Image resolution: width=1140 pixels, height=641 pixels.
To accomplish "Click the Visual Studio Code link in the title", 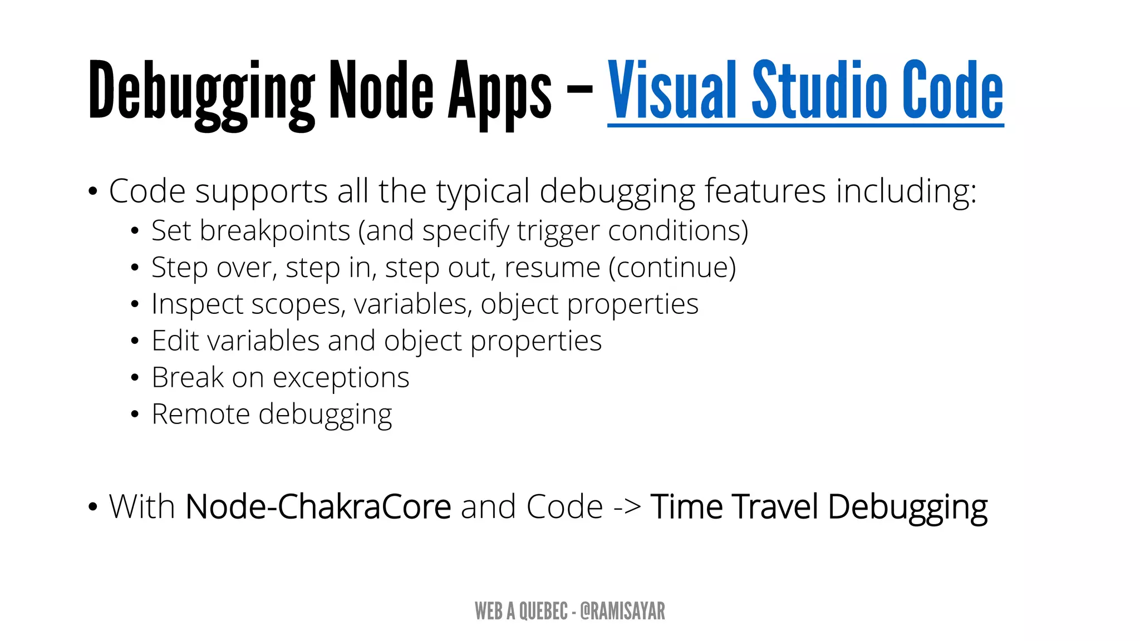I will coord(805,92).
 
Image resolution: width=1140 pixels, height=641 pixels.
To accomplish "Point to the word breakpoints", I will coord(275,231).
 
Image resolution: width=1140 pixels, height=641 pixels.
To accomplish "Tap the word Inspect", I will coord(197,305).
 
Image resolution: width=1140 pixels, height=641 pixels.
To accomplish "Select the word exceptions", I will coord(341,378).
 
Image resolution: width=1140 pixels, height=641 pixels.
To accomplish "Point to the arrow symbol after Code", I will coord(627,507).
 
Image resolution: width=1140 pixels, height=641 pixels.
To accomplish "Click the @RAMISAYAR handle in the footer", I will coord(622,611).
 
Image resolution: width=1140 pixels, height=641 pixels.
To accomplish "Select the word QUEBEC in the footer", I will coord(543,611).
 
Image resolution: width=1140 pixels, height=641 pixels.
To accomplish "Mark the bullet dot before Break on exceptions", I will coord(135,378).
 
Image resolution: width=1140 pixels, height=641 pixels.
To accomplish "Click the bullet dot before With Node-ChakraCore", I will coord(92,507).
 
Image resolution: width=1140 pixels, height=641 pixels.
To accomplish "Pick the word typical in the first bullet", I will coord(483,193).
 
